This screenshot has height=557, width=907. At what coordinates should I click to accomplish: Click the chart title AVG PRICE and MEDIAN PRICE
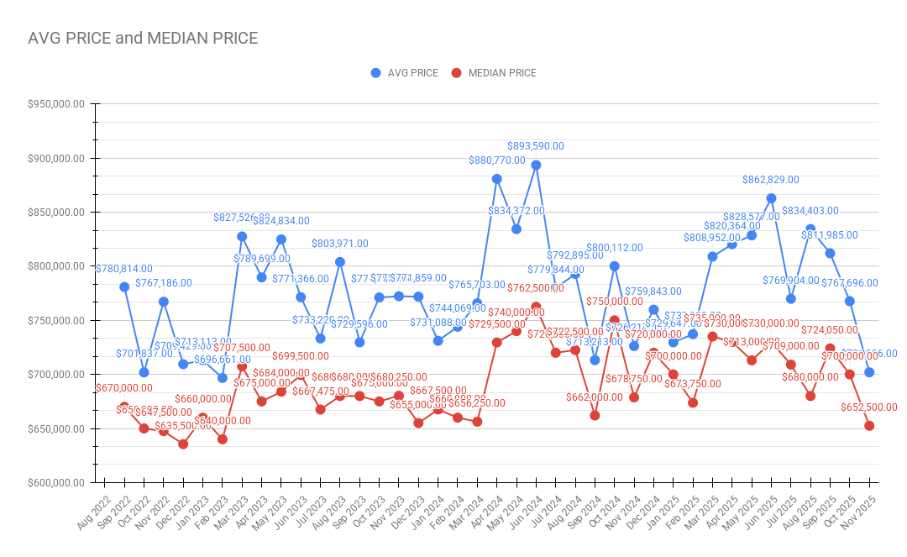coord(143,38)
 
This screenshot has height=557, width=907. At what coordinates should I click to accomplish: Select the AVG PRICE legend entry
coord(405,73)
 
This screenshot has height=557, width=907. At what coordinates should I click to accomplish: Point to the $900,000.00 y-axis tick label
coord(56,158)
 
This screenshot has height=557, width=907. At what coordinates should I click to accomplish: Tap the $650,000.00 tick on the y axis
coord(56,428)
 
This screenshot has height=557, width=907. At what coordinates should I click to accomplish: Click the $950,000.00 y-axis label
coord(56,104)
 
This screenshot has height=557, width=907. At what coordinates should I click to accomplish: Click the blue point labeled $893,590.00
coord(536,165)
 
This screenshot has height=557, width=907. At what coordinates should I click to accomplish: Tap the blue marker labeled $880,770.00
coord(496,179)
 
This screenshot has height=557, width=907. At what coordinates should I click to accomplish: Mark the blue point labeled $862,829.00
coord(771,198)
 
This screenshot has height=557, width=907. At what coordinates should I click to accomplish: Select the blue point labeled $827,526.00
coord(242,236)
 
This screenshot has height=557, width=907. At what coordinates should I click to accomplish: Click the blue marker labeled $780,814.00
coord(124,286)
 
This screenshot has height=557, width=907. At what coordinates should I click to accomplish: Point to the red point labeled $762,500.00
coord(536,307)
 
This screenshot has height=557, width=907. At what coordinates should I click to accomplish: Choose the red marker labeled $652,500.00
coord(869,426)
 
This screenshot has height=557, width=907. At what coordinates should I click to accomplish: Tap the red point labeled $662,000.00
coord(595,415)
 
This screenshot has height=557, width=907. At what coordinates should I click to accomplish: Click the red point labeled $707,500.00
coord(242,366)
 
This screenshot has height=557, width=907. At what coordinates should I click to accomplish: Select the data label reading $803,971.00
coord(340,244)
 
